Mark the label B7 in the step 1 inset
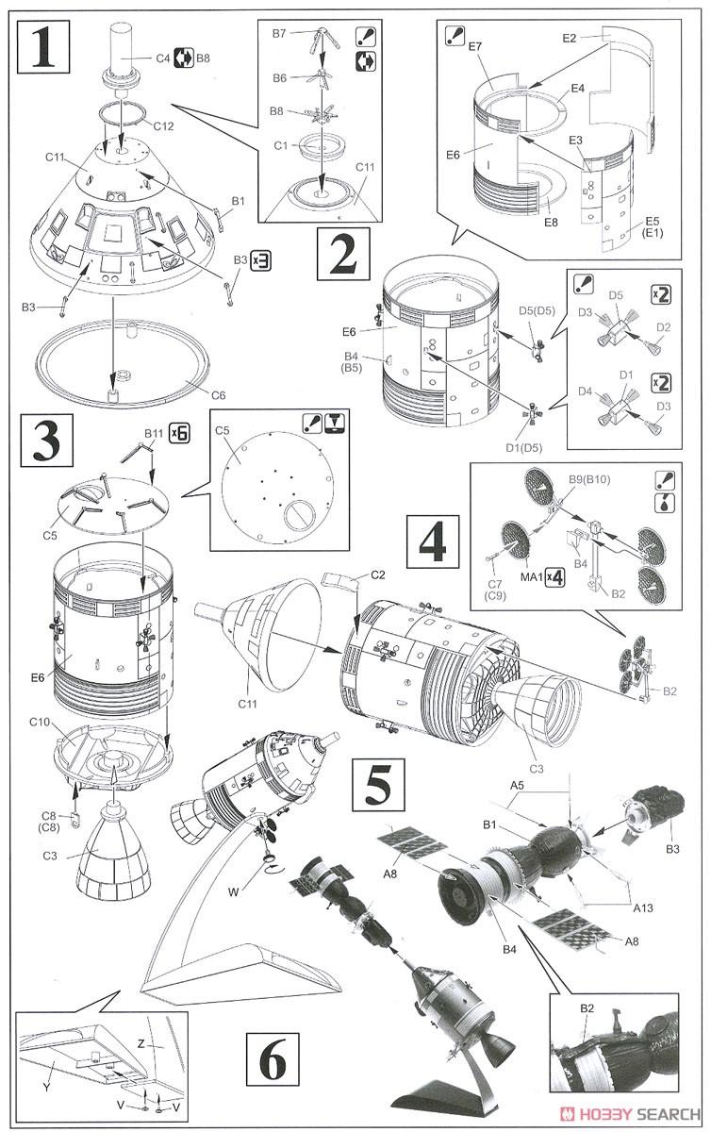[x=279, y=34]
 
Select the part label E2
[x=568, y=38]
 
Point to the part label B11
[x=154, y=434]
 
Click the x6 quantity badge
[x=179, y=434]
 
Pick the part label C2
[x=377, y=574]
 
